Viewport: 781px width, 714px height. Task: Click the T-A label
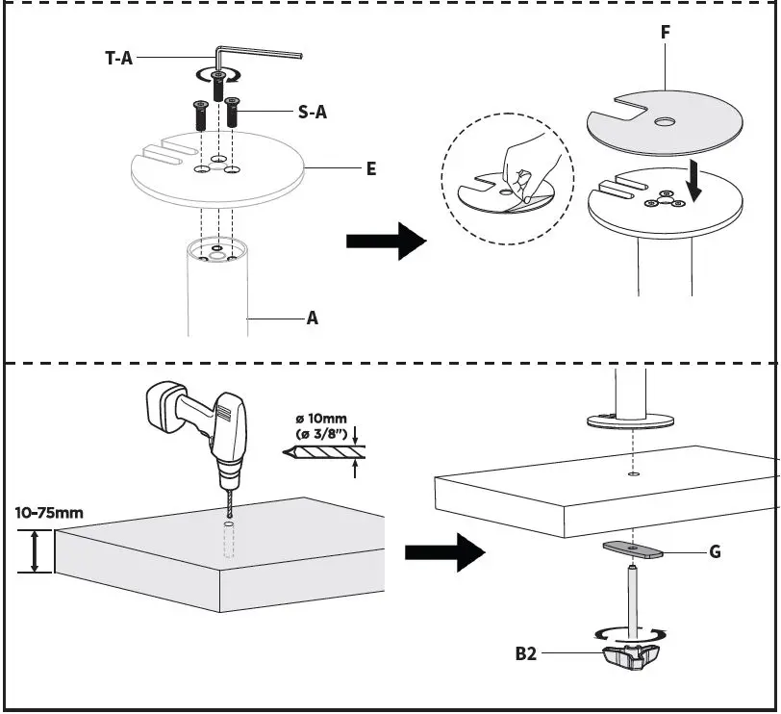(118, 59)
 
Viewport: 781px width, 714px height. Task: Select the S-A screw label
(313, 113)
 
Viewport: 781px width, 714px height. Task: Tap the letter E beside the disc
(370, 168)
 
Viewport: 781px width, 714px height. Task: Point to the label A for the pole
(312, 317)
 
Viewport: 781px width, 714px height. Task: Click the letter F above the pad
(665, 33)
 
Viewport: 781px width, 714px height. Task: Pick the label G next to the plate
(714, 552)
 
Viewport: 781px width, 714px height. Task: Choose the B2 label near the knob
(525, 654)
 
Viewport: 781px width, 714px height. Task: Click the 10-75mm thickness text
(48, 512)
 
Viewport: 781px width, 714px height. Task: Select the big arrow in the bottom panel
(442, 552)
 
